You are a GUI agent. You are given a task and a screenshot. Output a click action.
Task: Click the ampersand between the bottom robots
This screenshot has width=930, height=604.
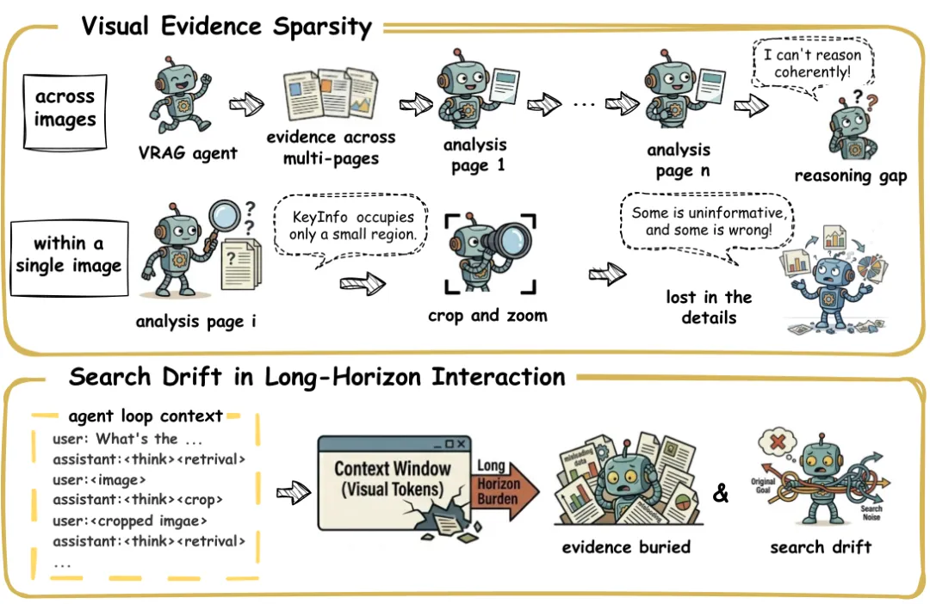(722, 494)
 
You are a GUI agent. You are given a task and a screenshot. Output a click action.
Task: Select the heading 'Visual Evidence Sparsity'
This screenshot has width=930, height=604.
(226, 27)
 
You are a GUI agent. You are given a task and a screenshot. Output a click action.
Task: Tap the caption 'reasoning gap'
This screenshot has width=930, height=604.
(850, 176)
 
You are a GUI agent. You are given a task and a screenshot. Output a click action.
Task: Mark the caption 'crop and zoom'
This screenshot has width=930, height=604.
(487, 315)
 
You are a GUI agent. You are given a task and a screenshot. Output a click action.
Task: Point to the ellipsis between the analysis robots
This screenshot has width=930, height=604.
(583, 104)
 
